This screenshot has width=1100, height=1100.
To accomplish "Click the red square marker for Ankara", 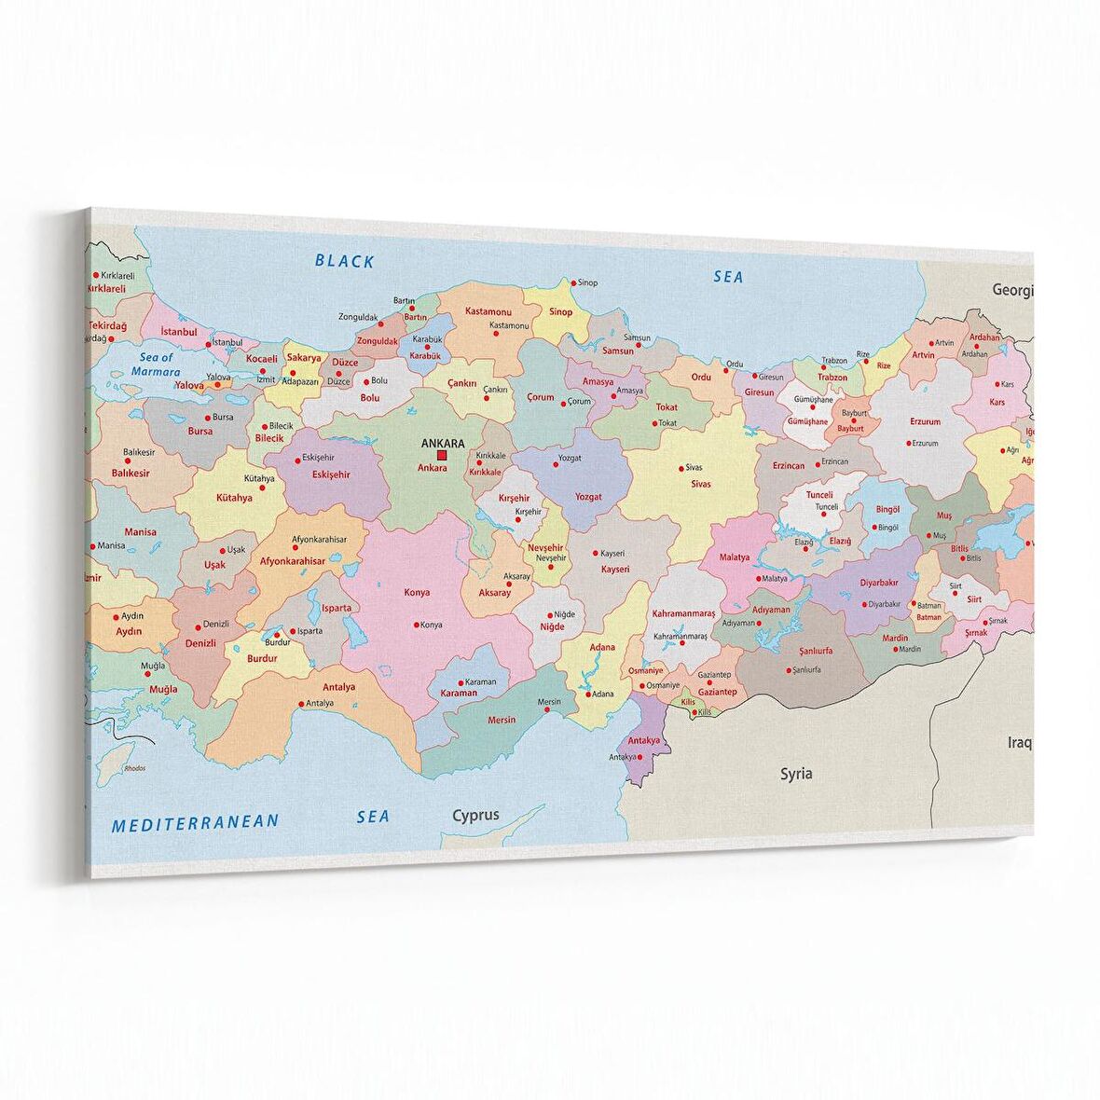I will [442, 456].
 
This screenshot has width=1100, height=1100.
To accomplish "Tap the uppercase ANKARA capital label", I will [443, 443].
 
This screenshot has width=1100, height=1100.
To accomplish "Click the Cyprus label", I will [475, 815].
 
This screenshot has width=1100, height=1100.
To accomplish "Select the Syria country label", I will [796, 773].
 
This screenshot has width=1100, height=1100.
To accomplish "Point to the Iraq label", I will [1019, 743].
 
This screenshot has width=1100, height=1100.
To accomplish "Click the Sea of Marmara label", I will [156, 364].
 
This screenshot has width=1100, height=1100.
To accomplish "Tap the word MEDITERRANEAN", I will [195, 822].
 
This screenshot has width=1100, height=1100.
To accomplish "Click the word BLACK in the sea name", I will [344, 261].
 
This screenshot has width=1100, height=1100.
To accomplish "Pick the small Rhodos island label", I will [134, 768].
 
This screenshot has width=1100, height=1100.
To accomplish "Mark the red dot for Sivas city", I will [679, 467].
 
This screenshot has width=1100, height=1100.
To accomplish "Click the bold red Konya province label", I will [417, 593].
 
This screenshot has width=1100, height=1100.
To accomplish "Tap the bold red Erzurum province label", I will [925, 421].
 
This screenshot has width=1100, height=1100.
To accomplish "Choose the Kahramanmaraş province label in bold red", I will [683, 613].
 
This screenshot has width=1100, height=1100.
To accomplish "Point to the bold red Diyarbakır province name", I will [884, 583].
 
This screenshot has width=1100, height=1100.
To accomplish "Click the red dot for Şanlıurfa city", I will [788, 670].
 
